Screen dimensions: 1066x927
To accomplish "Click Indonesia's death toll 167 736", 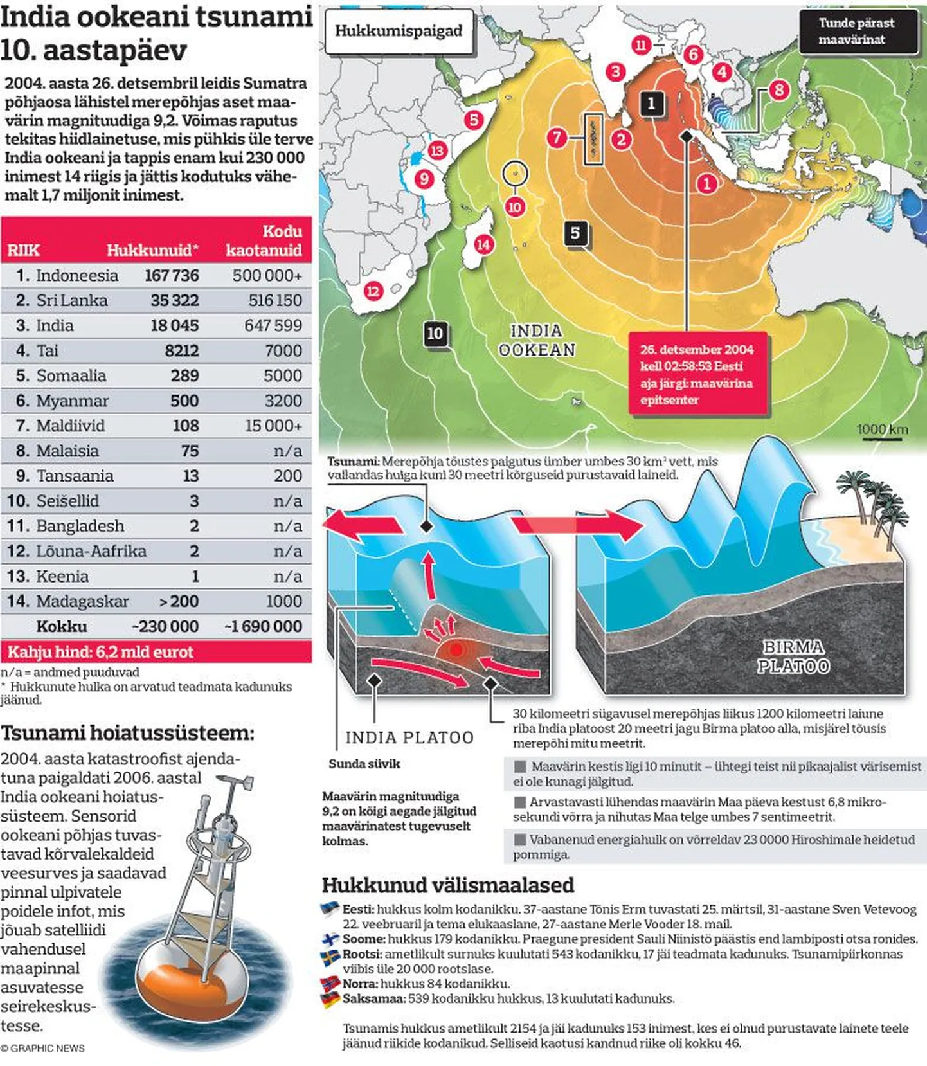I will pos(172,275).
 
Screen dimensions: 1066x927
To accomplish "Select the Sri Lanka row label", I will pos(71,300).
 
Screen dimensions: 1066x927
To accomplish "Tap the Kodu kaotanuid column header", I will pos(264,240).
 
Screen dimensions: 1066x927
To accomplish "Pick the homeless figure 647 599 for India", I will pos(273,325).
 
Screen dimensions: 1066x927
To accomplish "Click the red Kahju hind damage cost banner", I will pos(156,652).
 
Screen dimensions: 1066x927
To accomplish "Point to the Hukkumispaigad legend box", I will pos(399,31).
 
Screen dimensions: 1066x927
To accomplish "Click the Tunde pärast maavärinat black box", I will pos(857,31).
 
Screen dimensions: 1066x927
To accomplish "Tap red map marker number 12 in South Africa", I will pos(373,291).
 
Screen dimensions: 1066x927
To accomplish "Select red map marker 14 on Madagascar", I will pos(483,244).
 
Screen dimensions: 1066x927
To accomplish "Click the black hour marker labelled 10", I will pos(435,333).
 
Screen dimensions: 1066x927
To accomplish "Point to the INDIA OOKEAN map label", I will pos(537,340).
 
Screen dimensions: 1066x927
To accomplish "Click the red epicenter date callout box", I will pos(697,374).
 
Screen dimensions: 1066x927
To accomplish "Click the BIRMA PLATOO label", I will pos(793,656).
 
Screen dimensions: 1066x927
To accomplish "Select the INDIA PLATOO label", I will pos(410,737).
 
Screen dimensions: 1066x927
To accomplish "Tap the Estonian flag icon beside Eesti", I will pos(330,909).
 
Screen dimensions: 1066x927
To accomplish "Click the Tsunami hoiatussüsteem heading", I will pos(127,733).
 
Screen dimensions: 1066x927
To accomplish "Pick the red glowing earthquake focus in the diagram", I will pos(456,650).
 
